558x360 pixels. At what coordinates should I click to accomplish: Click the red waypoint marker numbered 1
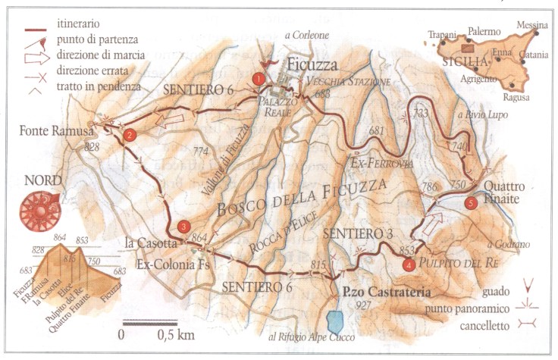click(259, 78)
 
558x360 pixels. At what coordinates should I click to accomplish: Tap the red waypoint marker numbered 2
click(130, 136)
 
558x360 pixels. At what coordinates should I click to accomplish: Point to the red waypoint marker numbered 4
click(409, 265)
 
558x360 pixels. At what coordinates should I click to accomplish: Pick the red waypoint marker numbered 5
click(471, 202)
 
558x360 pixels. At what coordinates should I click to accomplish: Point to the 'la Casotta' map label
click(149, 243)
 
